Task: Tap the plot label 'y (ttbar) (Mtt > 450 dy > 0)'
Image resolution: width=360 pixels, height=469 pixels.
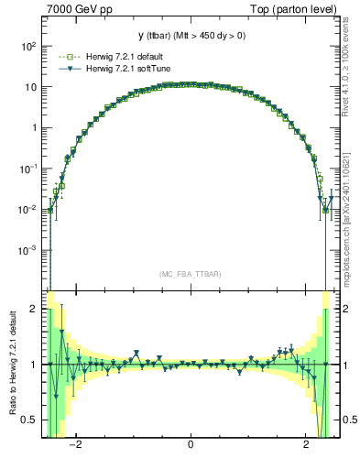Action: click(191, 36)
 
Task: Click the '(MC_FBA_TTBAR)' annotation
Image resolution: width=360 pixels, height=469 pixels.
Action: click(191, 272)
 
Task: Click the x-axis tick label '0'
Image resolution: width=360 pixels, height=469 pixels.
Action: click(191, 446)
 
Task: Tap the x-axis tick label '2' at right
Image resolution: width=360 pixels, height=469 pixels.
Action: click(306, 446)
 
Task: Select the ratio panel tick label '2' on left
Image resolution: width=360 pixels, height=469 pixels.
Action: click(34, 310)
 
